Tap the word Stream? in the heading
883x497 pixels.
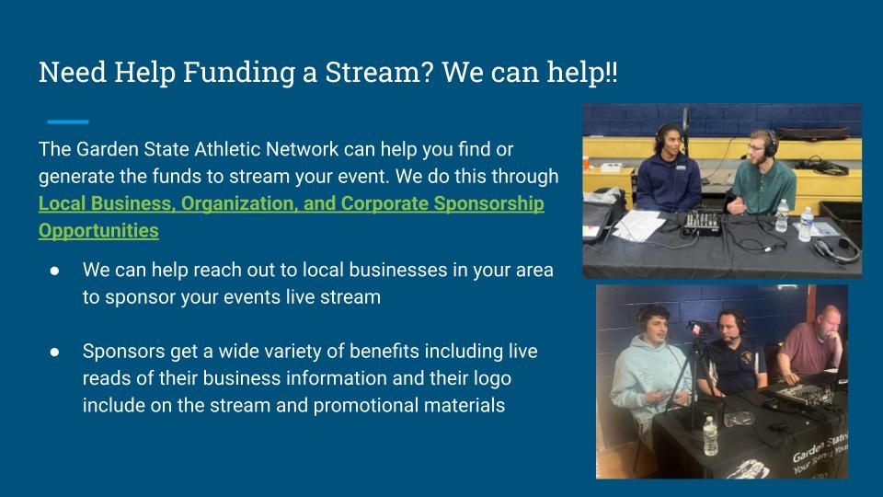tap(379, 72)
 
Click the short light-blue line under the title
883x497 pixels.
tap(67, 121)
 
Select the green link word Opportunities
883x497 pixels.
tap(98, 231)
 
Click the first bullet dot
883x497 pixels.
tap(54, 271)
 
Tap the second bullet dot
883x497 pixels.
tap(54, 353)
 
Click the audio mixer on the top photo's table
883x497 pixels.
tap(703, 223)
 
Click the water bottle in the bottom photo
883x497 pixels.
tap(711, 435)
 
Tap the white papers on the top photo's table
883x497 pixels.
tap(638, 225)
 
